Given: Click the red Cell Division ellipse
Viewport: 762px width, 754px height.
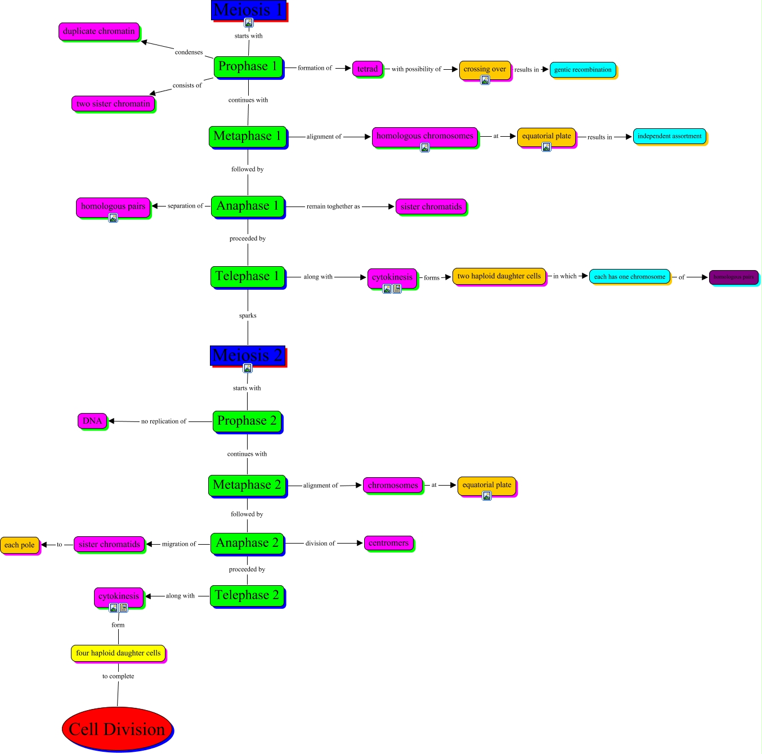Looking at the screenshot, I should click(117, 729).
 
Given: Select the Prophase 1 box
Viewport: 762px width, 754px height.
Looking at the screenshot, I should click(248, 67).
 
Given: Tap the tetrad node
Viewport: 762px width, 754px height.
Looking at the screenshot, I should click(367, 69).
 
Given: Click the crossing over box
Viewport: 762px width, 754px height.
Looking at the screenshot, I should click(485, 69).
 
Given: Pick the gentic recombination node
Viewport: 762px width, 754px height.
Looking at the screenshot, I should click(582, 70).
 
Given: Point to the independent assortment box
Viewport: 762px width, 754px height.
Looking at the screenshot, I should click(669, 136).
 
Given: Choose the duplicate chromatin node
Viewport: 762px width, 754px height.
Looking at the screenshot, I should click(98, 32).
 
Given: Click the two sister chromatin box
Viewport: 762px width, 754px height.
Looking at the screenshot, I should click(113, 104).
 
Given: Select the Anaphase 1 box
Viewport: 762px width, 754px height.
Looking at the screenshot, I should click(248, 206).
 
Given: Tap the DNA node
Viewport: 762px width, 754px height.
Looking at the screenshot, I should click(92, 421).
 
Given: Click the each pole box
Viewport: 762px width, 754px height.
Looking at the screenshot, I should click(20, 545).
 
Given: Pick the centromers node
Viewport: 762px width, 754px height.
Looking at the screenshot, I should click(388, 543).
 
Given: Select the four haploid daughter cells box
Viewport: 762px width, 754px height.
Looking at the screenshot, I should click(118, 653).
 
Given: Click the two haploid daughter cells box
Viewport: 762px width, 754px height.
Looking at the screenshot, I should click(499, 276).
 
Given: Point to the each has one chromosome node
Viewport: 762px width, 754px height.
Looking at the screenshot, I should click(630, 277).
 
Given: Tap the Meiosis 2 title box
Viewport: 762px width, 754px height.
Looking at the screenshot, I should click(248, 356).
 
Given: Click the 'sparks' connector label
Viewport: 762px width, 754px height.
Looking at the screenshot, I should click(248, 316).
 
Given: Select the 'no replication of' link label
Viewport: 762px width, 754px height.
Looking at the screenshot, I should click(163, 421).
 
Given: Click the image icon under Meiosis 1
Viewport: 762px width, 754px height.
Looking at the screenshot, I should click(248, 23).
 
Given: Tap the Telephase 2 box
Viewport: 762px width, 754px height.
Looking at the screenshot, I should click(246, 595).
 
